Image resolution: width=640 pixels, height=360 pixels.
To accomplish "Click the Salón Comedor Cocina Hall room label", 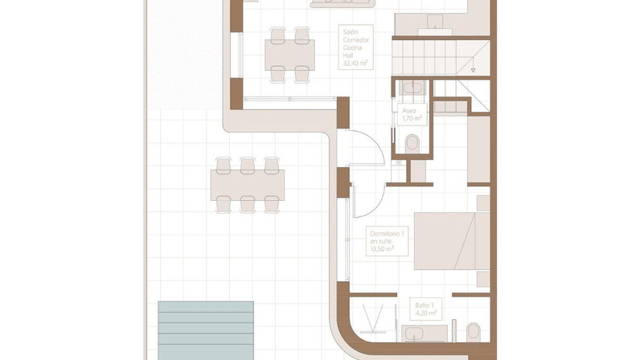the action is coord(356,47).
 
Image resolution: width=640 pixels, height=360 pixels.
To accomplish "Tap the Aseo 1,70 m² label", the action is coord(412,115).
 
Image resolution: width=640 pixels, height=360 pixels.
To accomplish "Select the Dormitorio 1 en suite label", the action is coord(387,241).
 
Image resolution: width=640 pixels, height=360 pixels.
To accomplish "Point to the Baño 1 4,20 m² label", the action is coord(425,309).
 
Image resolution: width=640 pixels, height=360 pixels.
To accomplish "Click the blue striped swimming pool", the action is coord(206,330).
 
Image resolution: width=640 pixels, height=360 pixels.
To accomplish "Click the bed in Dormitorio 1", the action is coord(452,241).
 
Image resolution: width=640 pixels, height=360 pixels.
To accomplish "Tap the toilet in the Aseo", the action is coord(412,143).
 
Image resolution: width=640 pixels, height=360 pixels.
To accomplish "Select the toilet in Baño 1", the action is coord(474,331).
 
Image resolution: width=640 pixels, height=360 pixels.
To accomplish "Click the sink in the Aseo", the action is coord(412,88).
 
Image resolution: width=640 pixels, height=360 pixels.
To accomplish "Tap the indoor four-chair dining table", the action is coord(289,55).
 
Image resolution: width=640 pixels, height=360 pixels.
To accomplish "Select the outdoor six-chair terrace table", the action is coord(248,185).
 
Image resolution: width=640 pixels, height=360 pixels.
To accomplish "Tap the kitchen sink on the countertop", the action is coord(435,22).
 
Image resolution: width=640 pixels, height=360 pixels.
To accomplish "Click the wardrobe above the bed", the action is coord(478,149).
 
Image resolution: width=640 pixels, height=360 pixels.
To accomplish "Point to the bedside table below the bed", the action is coord(484,279).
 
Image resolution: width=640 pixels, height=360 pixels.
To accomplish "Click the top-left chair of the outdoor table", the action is coord(224,166).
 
